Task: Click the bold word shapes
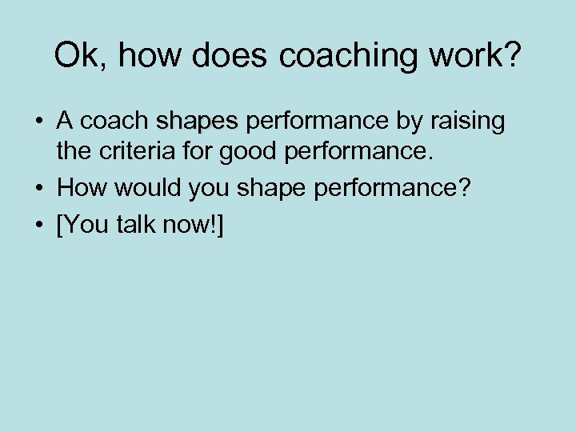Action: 198,122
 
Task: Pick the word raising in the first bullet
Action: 470,122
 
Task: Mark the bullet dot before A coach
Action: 38,122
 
